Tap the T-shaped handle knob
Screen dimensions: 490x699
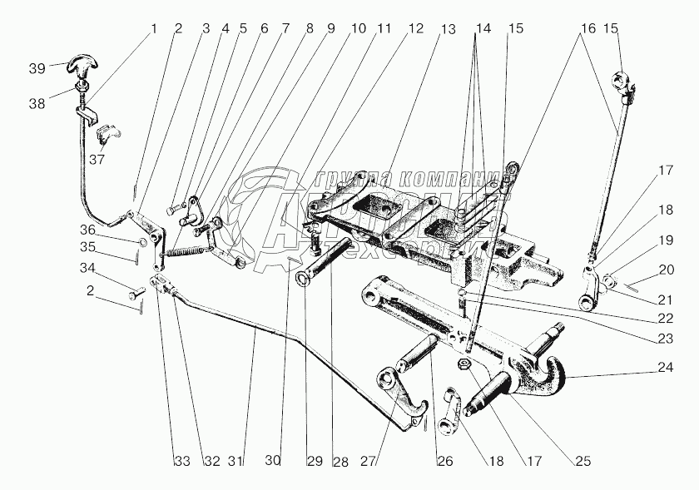(84, 62)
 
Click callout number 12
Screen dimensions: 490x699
(414, 28)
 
